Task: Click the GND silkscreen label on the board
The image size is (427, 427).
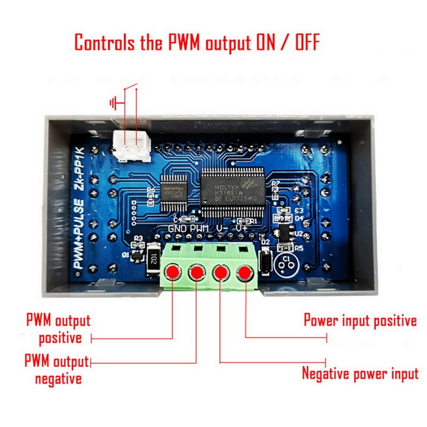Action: coord(178,228)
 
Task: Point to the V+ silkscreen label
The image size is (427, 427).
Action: coord(242,228)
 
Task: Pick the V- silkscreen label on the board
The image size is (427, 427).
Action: coord(222,228)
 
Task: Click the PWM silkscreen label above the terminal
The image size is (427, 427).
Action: coord(200,228)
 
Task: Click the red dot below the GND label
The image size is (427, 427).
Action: coord(172,273)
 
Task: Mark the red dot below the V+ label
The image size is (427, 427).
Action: coord(245,273)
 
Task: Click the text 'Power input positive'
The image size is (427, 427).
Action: coord(360,321)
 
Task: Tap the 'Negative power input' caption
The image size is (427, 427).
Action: coord(360,373)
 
